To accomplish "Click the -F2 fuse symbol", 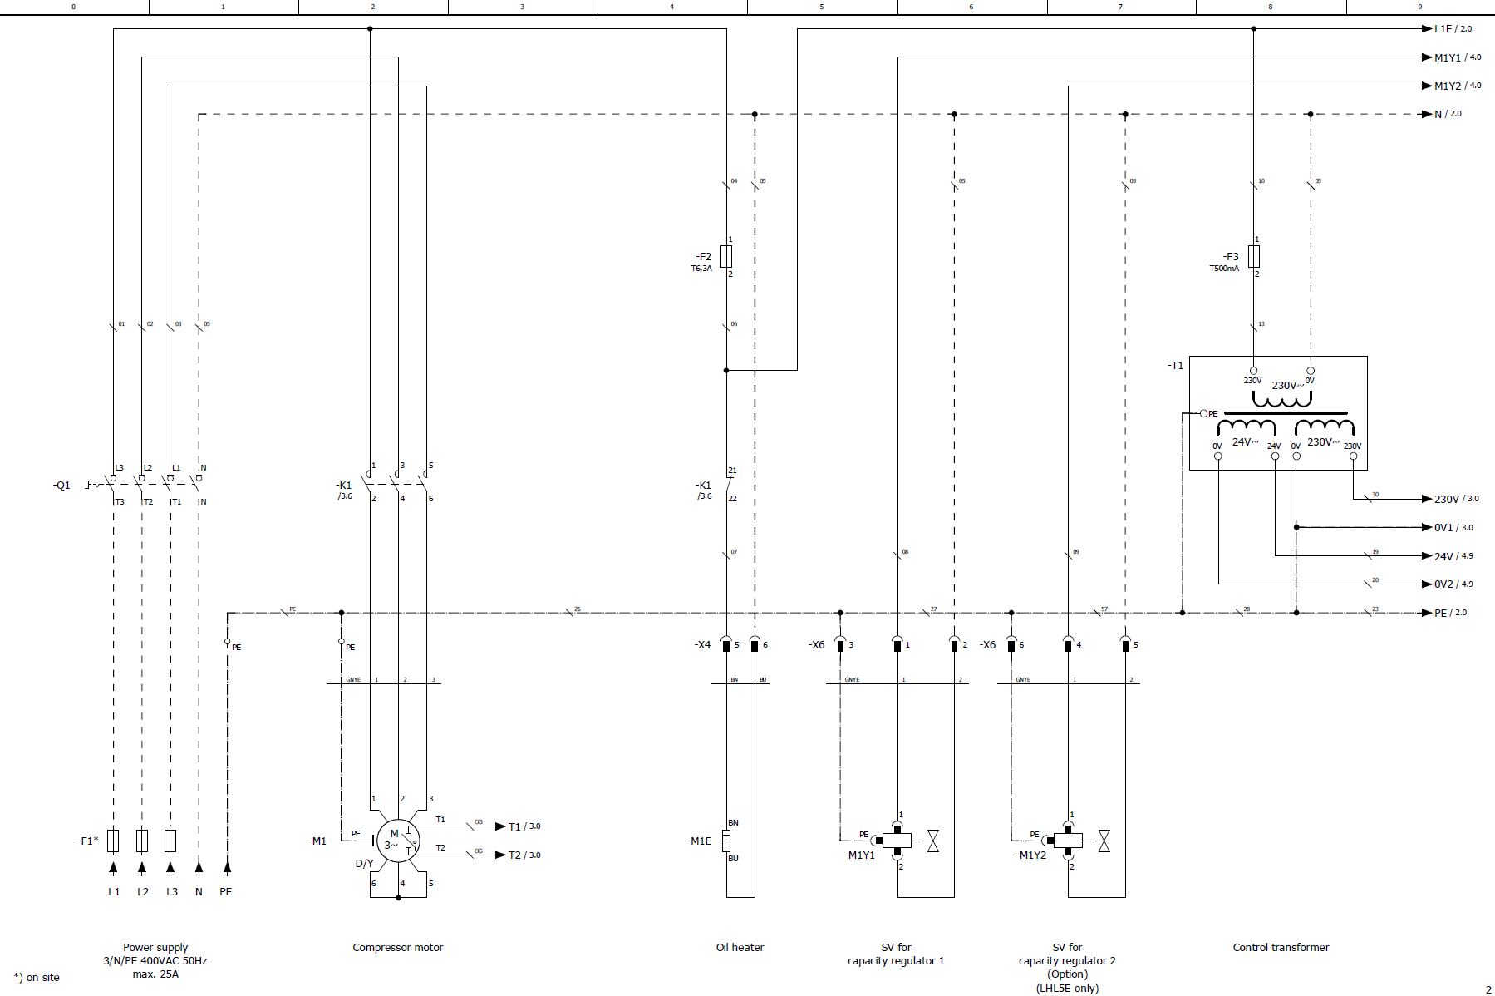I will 726,256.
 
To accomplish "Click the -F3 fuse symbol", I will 1254,256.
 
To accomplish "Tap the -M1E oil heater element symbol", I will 726,841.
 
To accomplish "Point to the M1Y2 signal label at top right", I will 1448,86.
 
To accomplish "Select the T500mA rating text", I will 1223,269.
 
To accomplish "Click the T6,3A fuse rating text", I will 701,269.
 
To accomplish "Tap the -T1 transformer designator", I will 1175,366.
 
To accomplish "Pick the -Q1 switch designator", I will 61,486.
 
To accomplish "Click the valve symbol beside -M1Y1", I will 932,841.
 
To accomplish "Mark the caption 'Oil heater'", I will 740,947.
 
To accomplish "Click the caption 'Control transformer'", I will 1281,947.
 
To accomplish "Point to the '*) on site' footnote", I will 37,977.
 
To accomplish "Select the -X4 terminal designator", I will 702,645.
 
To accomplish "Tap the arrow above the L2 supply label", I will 142,869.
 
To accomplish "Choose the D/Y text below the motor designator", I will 364,864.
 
